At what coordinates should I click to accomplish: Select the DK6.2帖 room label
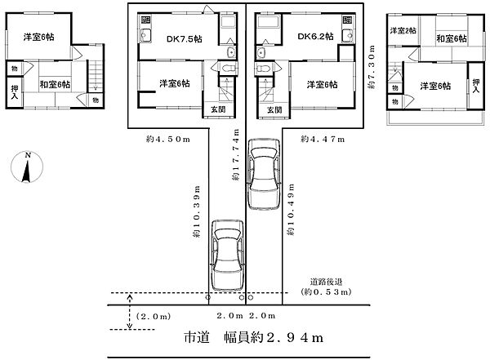(x=314, y=37)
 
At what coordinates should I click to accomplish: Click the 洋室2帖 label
(x=402, y=31)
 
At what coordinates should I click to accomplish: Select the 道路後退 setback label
(x=326, y=281)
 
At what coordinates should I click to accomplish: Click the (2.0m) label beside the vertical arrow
(x=153, y=316)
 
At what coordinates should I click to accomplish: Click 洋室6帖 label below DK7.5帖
(x=174, y=83)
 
